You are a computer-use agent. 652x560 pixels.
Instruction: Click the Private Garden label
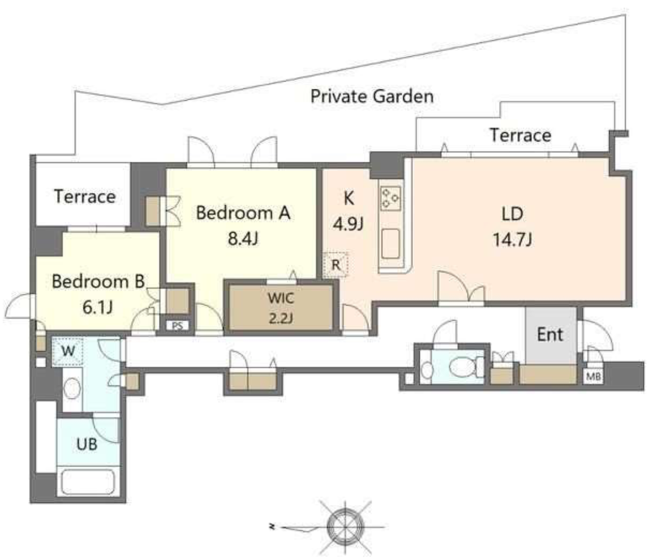[x=372, y=96]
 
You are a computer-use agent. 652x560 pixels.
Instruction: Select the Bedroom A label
[x=243, y=213]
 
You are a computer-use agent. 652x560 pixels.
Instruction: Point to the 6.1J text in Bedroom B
[x=98, y=307]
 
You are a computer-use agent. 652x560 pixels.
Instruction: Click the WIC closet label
[x=281, y=298]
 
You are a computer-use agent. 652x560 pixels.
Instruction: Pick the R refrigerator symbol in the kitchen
[x=336, y=265]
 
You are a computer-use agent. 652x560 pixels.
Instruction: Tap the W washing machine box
[x=67, y=351]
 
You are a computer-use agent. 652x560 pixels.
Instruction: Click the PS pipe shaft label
[x=177, y=325]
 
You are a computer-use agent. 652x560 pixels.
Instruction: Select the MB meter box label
[x=593, y=376]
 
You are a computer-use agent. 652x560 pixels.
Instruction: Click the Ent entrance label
[x=550, y=334]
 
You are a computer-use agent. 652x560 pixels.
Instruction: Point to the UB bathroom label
[x=87, y=444]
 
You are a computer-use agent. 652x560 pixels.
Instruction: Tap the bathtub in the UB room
[x=88, y=483]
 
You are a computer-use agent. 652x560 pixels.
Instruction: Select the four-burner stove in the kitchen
[x=391, y=198]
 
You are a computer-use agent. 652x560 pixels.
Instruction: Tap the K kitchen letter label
[x=348, y=198]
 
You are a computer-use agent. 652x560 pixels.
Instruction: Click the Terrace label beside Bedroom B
[x=85, y=196]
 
